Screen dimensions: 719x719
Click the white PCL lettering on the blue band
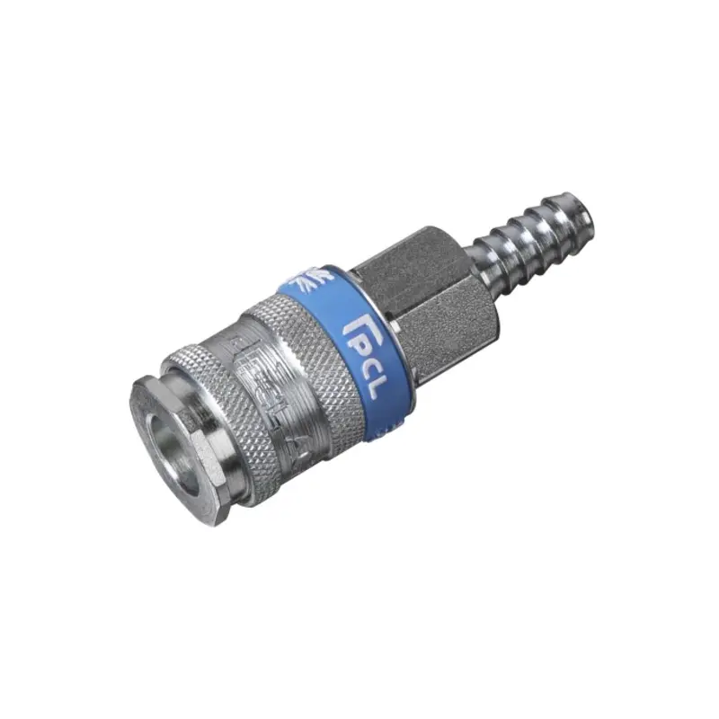point(369,359)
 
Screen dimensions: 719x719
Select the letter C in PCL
point(369,361)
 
